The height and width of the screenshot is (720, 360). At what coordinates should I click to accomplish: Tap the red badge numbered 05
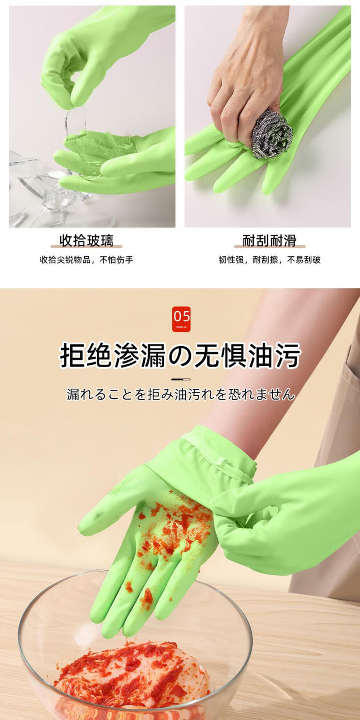coord(181,319)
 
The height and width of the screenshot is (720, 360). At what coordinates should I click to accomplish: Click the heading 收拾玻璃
coord(87,240)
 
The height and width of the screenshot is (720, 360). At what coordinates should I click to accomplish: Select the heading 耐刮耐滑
coord(269,240)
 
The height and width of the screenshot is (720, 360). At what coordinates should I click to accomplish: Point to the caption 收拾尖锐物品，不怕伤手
coord(87,260)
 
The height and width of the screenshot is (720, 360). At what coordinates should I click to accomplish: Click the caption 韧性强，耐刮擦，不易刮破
coord(269,260)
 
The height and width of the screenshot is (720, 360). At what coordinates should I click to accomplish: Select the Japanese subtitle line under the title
coord(180,394)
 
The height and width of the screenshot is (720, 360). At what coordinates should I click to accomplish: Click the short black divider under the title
coord(181,379)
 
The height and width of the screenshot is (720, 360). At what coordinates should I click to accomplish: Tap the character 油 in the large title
coord(260,355)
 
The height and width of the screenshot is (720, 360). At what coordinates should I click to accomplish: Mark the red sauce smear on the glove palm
coord(171,527)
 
